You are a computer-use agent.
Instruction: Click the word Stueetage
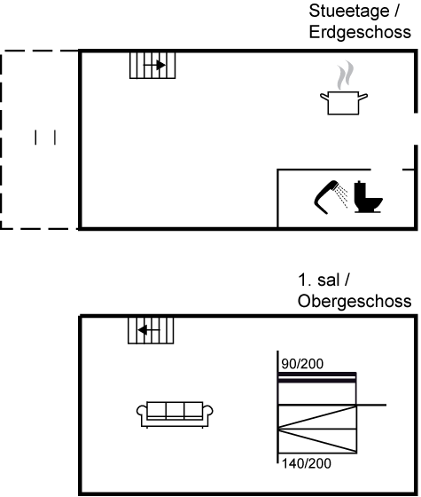[349, 12]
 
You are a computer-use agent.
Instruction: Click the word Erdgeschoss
[360, 32]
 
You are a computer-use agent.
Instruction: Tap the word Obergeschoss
[355, 301]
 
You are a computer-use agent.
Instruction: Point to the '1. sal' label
[319, 280]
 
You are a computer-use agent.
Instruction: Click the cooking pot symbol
[344, 103]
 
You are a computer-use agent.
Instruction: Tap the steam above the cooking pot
[346, 75]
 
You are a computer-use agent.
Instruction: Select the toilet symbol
[368, 197]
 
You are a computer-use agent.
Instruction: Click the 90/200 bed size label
[302, 364]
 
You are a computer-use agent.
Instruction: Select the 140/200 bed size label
[307, 463]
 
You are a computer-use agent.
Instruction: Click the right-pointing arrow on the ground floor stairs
[154, 66]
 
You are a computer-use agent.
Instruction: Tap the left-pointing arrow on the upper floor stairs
[149, 330]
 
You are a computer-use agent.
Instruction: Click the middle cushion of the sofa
[175, 409]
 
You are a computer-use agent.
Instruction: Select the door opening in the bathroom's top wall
[386, 170]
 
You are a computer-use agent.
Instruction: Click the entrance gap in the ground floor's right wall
[416, 129]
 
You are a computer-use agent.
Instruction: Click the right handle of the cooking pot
[363, 97]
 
